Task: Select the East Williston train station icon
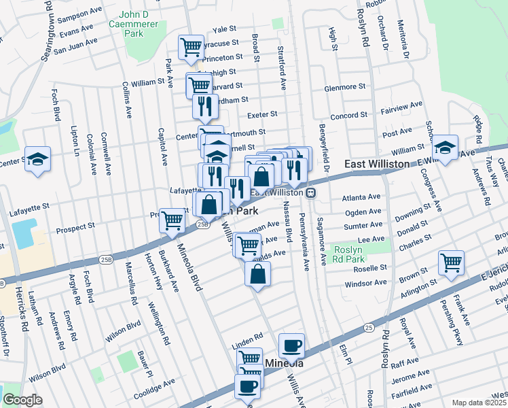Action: [310, 193]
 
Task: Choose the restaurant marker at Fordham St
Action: [204, 106]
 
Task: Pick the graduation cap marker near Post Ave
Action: [446, 147]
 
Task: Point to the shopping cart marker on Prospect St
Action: [173, 220]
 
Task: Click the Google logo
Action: [22, 400]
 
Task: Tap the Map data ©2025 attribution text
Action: [479, 403]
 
